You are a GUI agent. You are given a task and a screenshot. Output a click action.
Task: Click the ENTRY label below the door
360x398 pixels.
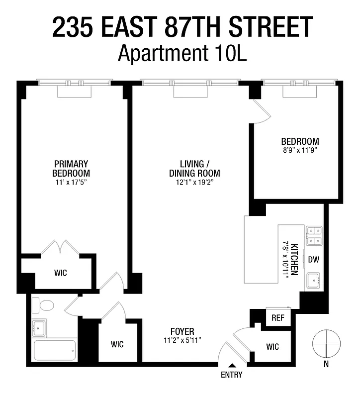tap(231, 375)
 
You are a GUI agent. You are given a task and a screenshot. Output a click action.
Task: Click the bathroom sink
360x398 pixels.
tap(39, 327)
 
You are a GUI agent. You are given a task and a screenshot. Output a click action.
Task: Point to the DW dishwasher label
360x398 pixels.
tap(313, 259)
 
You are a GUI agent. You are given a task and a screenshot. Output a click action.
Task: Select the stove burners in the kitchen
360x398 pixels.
tap(313, 236)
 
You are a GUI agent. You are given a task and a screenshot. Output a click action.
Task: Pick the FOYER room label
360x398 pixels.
tap(181, 331)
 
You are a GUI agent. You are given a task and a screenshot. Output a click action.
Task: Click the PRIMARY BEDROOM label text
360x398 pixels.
tap(71, 168)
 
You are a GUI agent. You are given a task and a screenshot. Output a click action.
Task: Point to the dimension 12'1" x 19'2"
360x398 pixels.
tap(193, 182)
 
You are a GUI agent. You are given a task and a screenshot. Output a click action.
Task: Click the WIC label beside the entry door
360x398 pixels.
tap(272, 347)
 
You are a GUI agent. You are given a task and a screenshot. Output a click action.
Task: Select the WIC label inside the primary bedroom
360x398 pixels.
tap(60, 273)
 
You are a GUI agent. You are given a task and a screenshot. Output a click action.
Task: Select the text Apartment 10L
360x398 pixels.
tap(182, 52)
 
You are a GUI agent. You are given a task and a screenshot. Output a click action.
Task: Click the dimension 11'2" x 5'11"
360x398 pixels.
tap(181, 340)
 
